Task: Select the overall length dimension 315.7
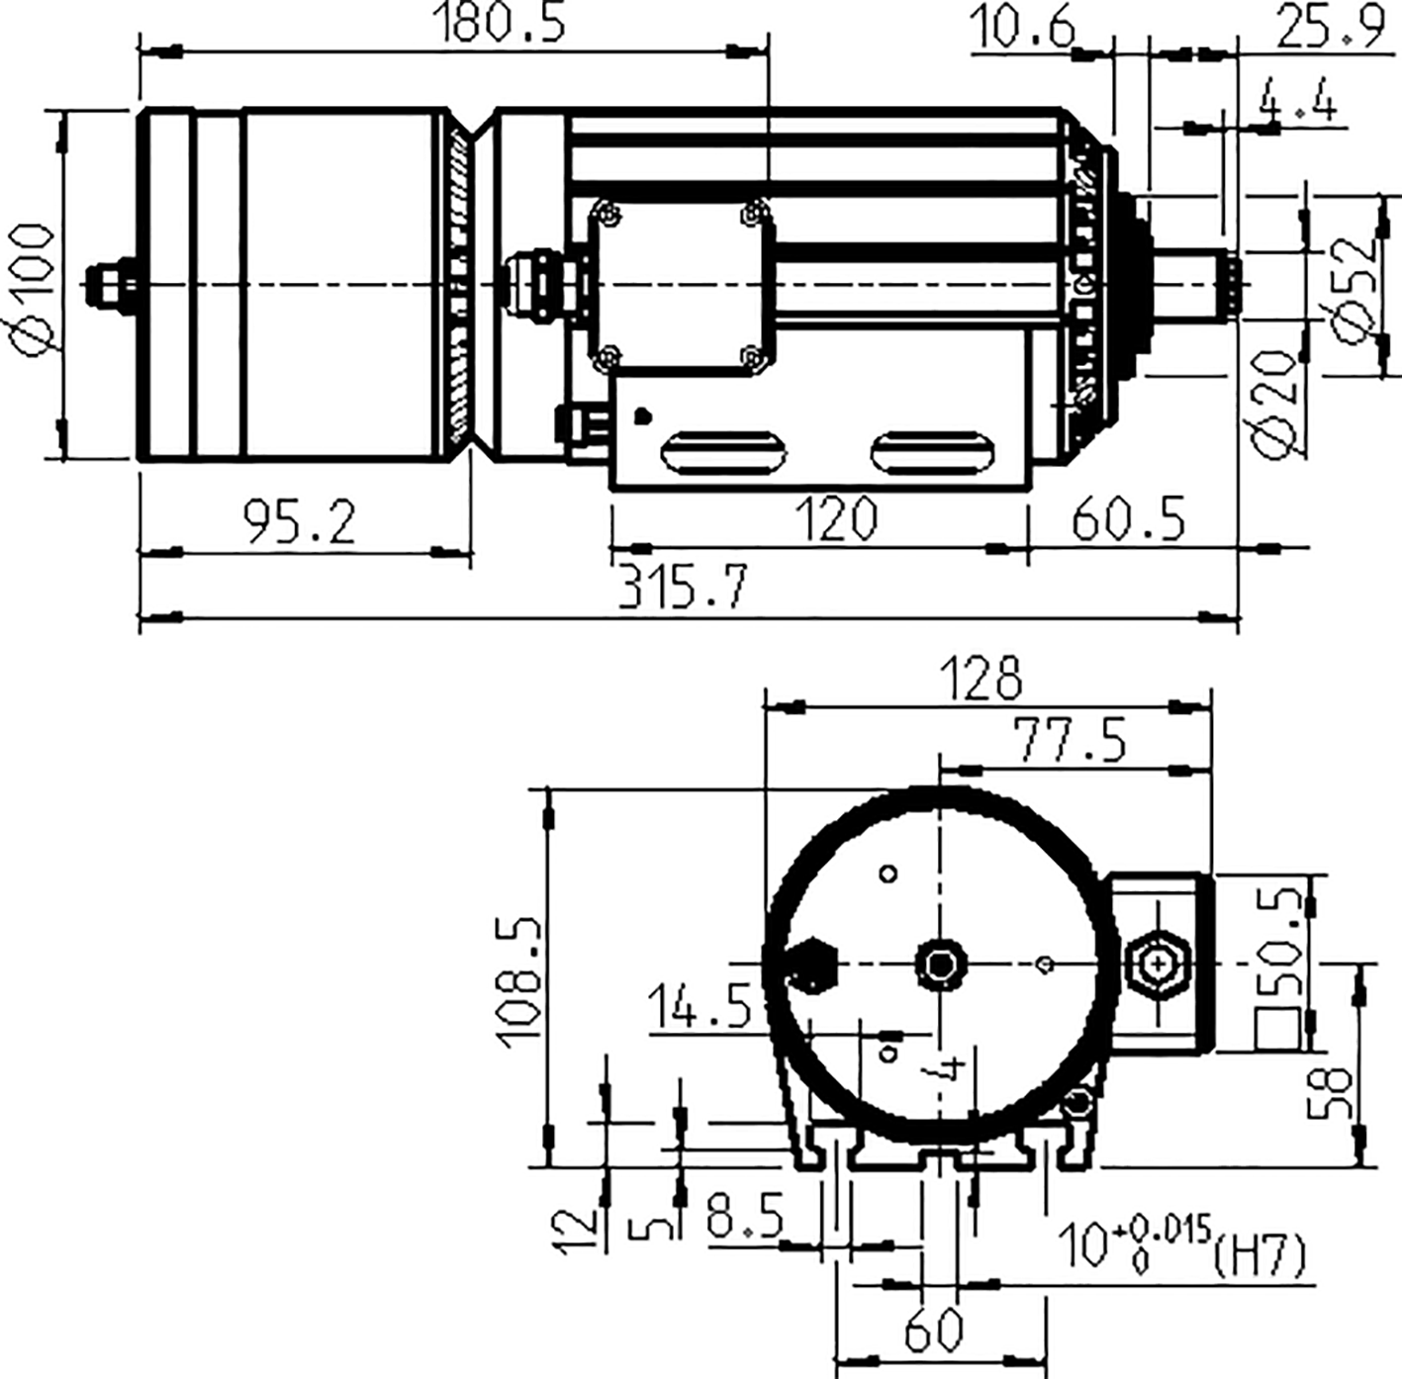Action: click(683, 588)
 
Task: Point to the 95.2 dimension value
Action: click(300, 521)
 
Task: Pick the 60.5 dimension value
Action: click(1128, 518)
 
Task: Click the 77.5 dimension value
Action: click(1069, 740)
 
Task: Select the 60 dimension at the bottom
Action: click(933, 1330)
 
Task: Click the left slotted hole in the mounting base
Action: click(722, 453)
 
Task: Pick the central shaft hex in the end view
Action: click(939, 963)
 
